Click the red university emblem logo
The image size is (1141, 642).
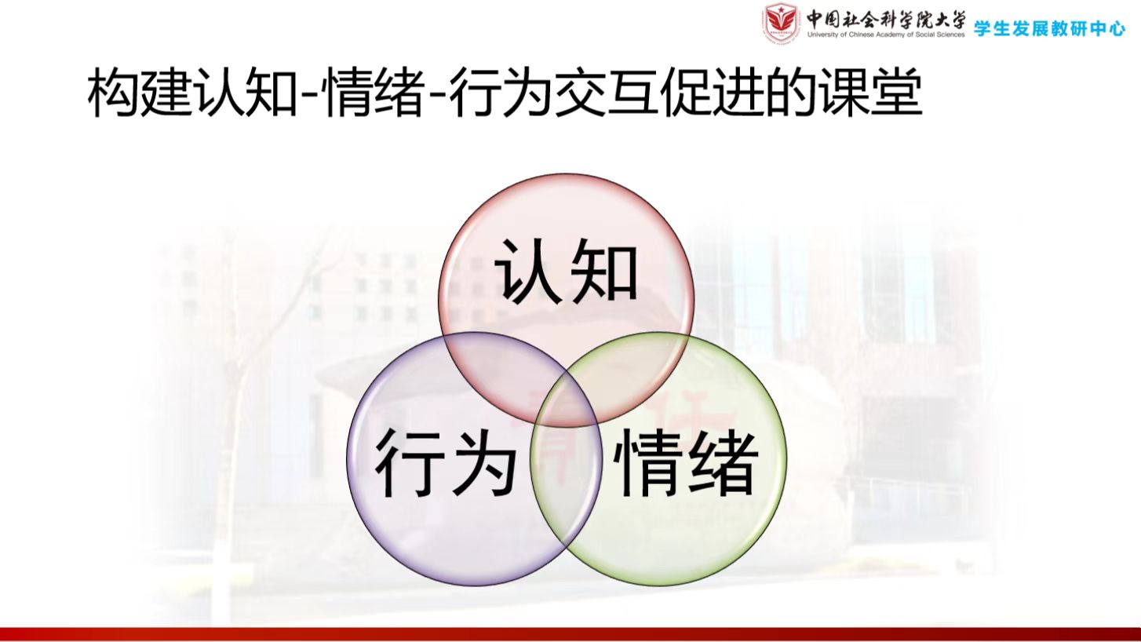[780, 23]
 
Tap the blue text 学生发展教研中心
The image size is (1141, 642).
[1049, 28]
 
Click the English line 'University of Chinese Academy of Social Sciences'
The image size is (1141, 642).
[886, 35]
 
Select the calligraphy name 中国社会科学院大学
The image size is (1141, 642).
[886, 20]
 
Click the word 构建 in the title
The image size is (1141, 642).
[139, 93]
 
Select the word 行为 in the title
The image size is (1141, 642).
[501, 93]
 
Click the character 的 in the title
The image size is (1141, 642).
[790, 93]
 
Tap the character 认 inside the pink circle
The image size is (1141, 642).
[527, 270]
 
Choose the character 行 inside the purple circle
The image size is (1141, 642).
[409, 461]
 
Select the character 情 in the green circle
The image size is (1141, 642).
[647, 461]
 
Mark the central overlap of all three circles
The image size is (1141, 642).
[567, 402]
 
